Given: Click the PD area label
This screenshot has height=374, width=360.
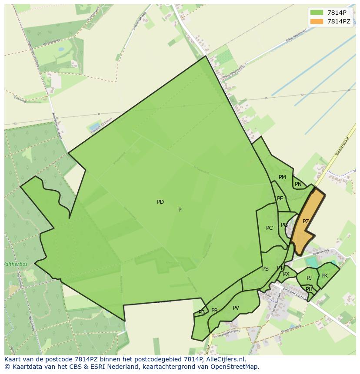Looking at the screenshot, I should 160,202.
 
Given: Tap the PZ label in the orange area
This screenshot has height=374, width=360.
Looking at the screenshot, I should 306,222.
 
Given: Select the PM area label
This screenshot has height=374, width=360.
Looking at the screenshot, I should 282,177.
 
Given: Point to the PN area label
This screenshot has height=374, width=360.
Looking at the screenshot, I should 298,184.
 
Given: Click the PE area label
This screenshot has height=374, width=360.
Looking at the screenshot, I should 280,199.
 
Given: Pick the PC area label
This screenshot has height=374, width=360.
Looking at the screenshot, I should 270,228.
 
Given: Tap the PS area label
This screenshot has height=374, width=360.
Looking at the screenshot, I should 265,269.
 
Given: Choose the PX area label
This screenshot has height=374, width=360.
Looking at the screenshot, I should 286,274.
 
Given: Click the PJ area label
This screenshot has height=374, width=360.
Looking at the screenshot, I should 309,278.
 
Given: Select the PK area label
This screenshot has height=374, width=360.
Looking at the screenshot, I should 324,276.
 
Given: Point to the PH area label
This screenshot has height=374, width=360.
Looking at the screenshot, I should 309,289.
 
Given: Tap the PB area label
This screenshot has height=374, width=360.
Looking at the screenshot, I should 201,312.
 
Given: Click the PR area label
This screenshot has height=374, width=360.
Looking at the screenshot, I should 214,311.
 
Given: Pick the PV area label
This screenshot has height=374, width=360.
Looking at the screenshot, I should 236,308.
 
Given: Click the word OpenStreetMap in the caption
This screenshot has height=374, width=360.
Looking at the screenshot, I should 238,367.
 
